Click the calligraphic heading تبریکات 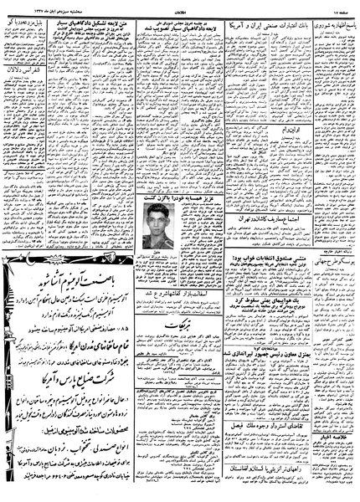click(x=171, y=355)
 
